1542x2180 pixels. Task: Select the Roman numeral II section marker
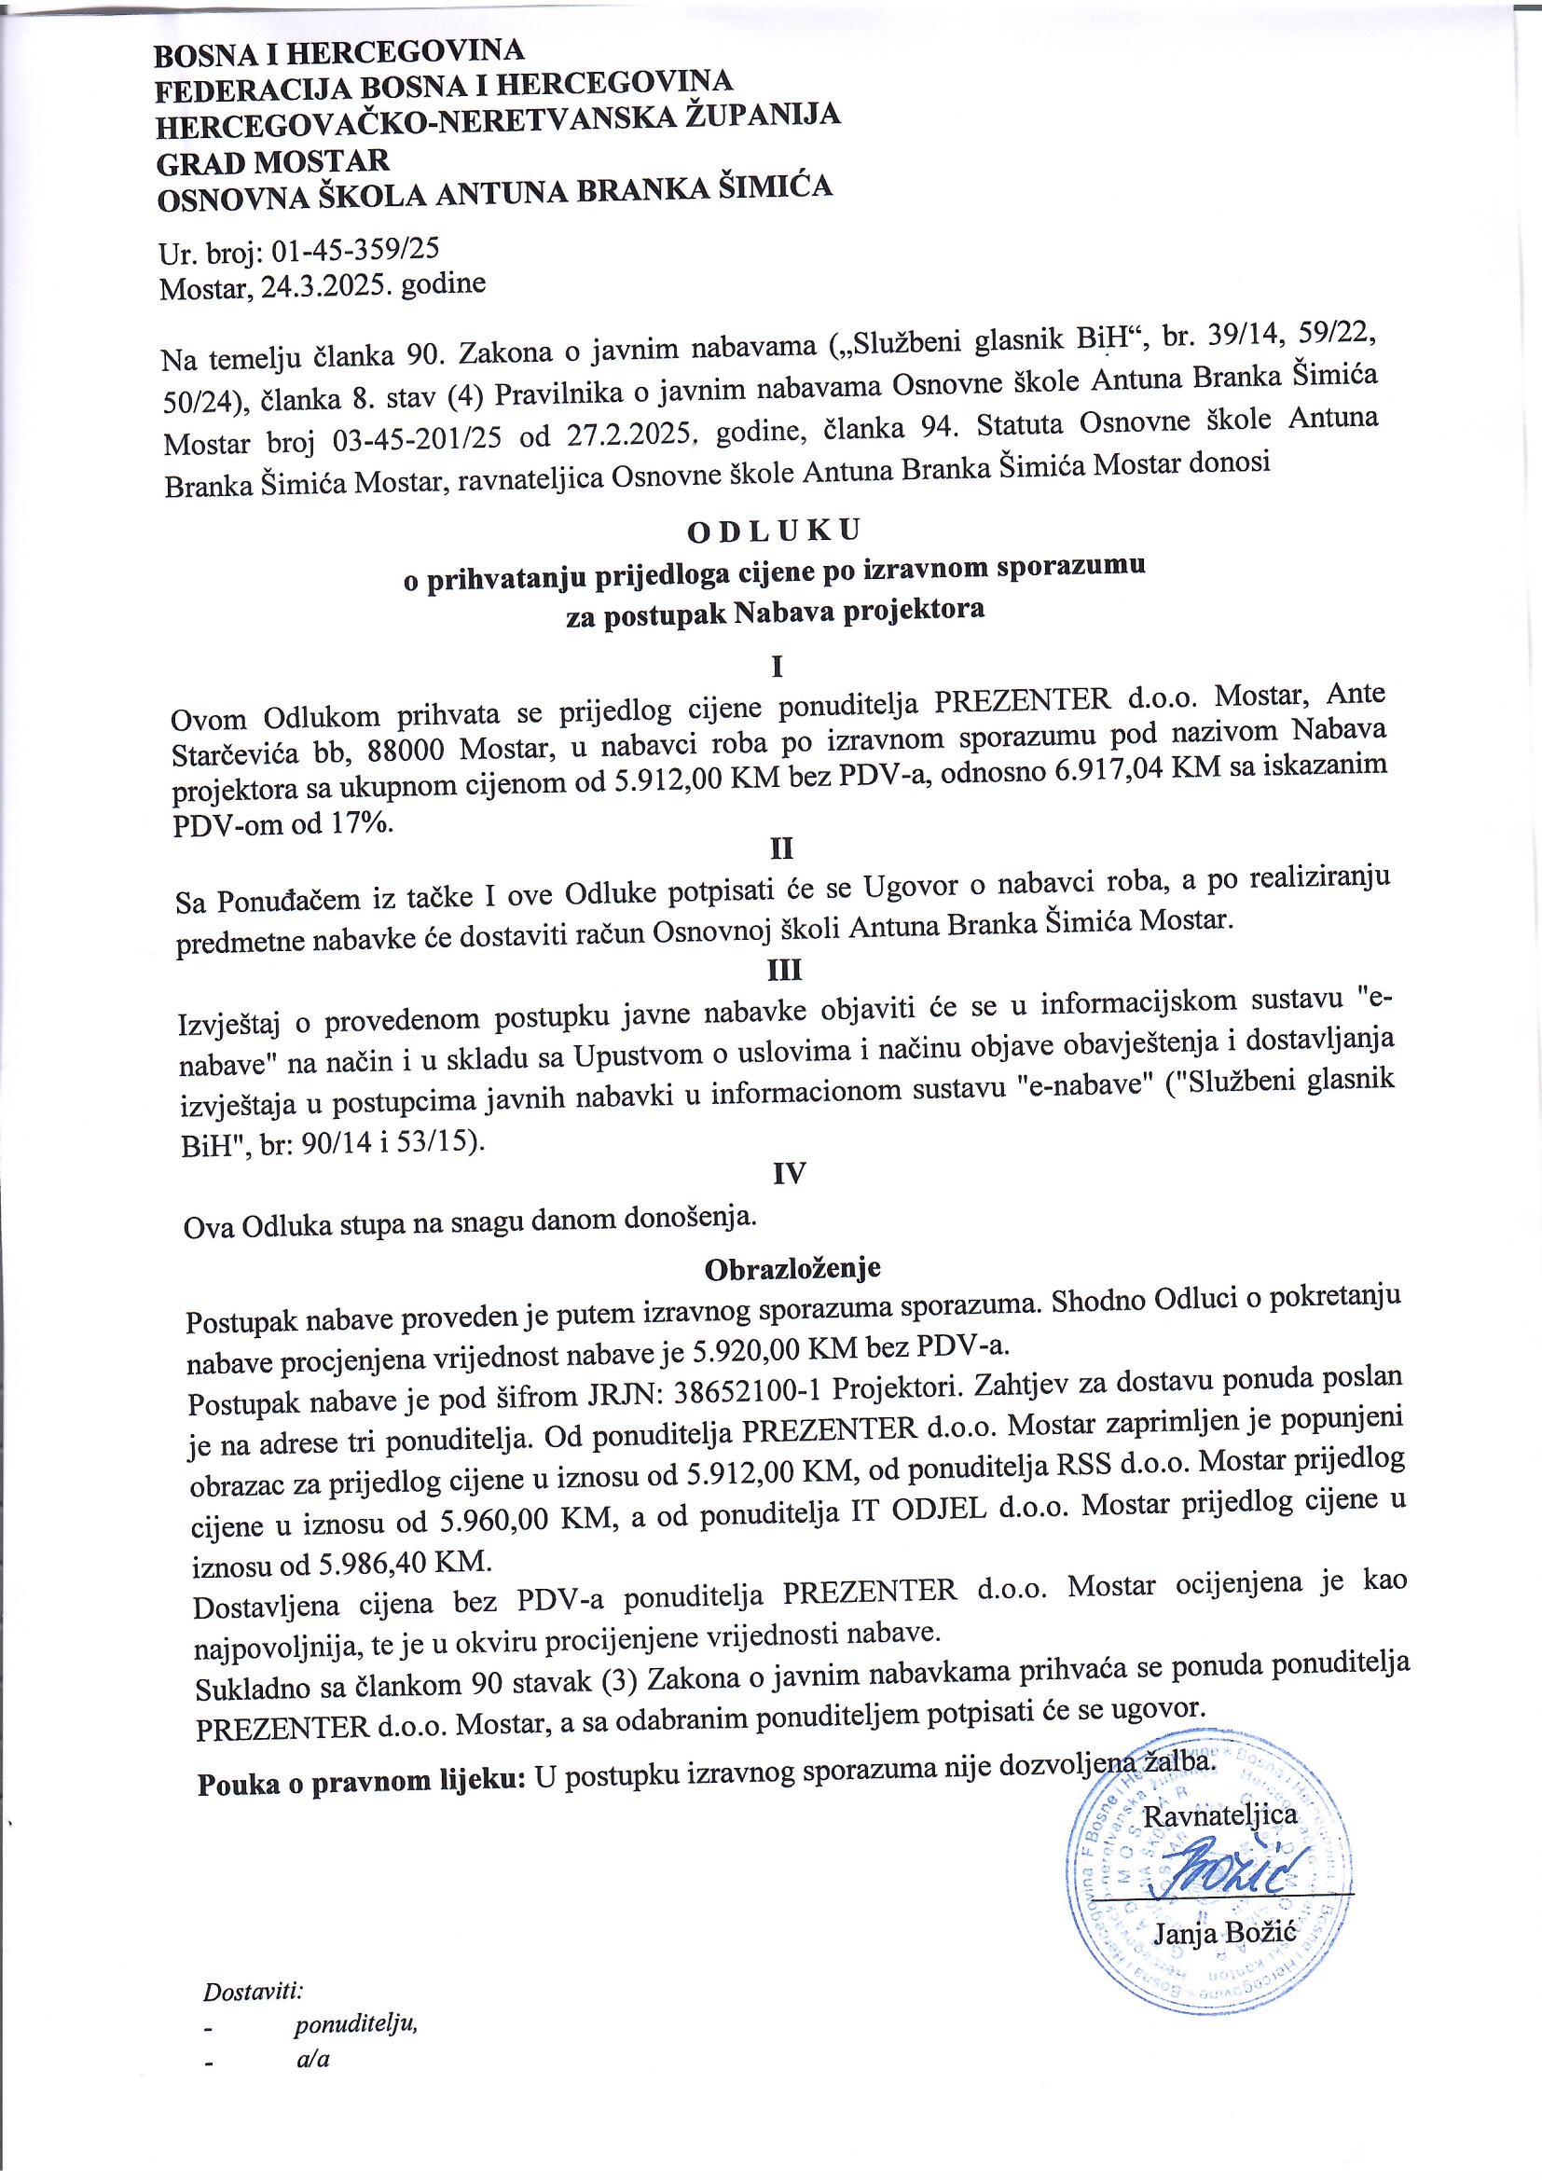pos(780,847)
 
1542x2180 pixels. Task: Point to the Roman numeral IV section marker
pos(789,1174)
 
